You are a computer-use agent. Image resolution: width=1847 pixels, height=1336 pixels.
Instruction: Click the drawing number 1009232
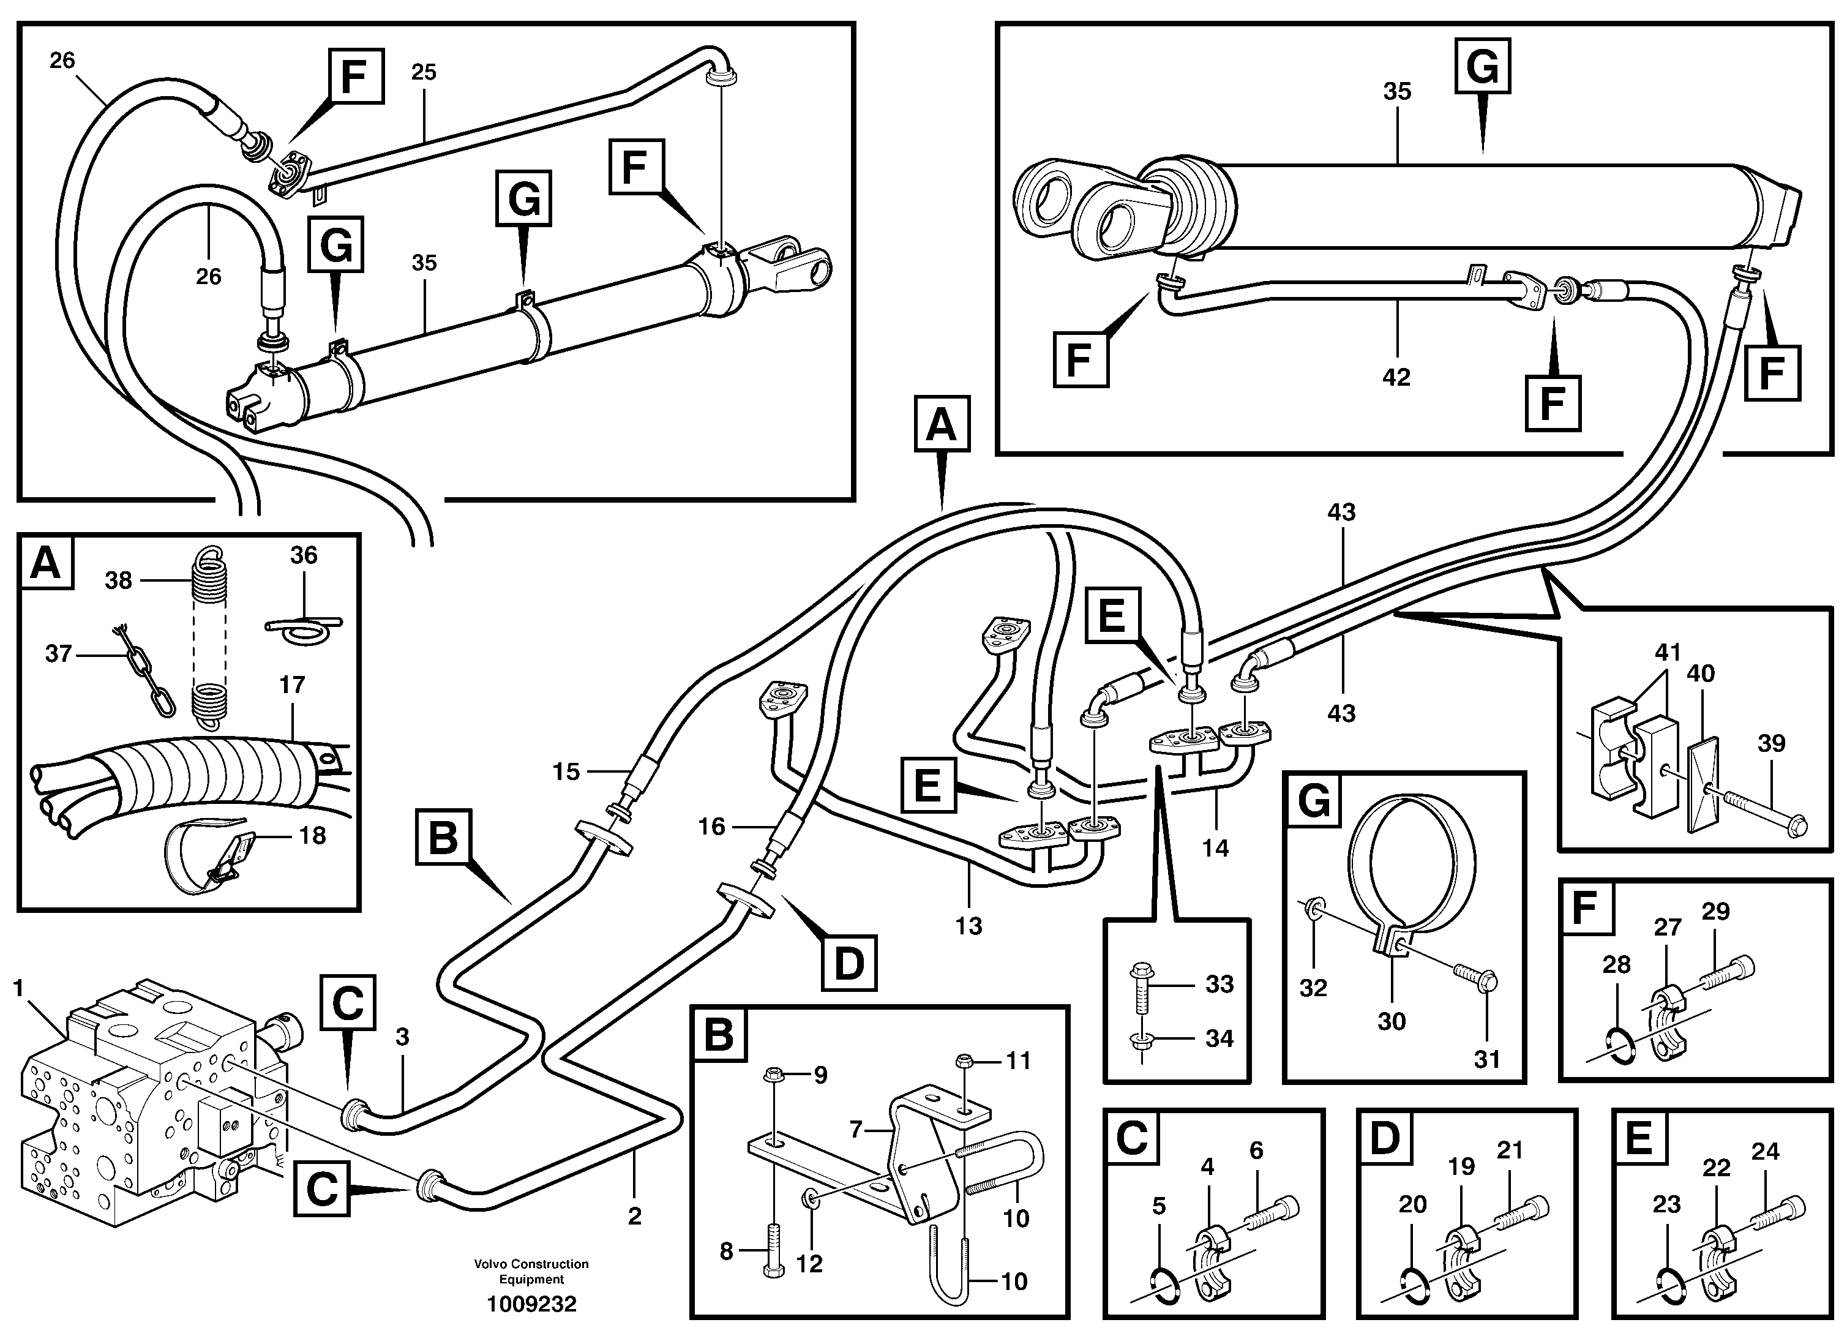531,1304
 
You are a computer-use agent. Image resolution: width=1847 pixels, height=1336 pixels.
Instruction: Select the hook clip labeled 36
303,626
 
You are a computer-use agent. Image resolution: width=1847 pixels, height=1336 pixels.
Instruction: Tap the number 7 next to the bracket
855,1129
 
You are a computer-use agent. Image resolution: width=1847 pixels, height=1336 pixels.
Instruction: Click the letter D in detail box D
1384,1138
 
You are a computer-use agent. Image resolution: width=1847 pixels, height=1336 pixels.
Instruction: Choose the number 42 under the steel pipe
1396,377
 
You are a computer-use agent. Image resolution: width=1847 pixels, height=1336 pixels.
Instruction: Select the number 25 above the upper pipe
424,72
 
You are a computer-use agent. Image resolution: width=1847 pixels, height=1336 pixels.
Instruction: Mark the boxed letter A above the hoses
942,424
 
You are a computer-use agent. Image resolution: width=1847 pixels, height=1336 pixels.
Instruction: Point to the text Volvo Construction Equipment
531,1271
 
